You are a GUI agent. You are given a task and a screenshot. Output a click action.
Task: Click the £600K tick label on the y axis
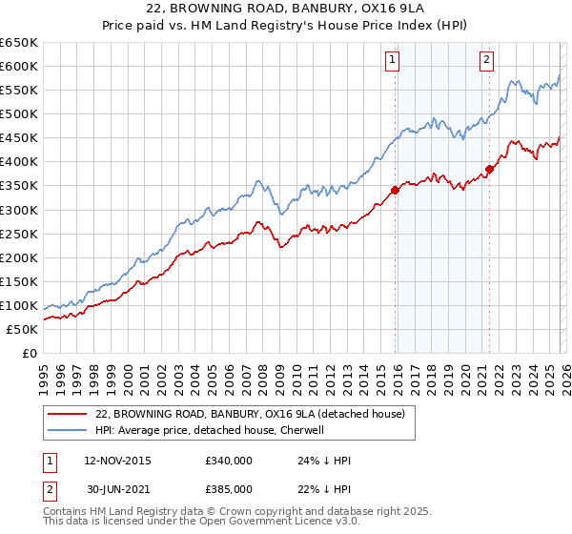(x=19, y=66)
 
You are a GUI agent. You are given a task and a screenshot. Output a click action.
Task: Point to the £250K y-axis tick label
(x=19, y=234)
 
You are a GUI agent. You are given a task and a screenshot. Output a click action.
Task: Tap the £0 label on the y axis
(x=29, y=353)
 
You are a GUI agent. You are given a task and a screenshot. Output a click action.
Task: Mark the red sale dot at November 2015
(x=393, y=190)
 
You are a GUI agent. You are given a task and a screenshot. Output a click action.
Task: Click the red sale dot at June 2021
(x=487, y=169)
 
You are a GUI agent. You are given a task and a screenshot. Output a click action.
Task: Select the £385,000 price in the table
(x=228, y=489)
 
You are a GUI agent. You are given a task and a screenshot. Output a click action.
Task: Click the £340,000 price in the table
(x=228, y=461)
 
